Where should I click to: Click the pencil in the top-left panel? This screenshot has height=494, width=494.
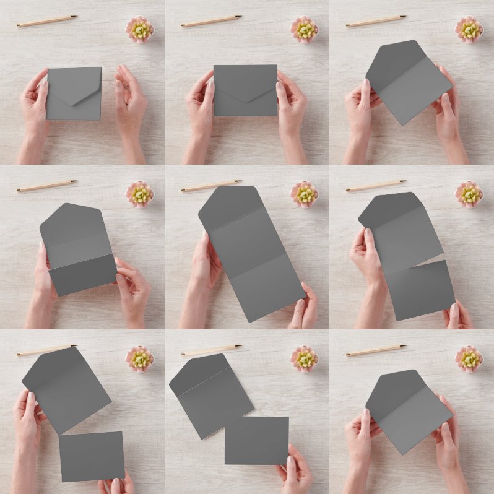point(46,21)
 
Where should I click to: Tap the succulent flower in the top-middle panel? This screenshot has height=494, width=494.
point(304,29)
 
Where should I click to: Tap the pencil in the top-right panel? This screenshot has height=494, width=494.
point(376,21)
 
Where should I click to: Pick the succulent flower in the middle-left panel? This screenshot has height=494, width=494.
point(140,194)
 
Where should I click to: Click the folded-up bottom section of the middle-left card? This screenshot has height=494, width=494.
point(82,275)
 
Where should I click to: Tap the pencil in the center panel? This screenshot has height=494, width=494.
point(211,186)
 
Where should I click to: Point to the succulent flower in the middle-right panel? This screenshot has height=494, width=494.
point(469,194)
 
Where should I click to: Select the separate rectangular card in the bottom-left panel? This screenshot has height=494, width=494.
point(92,456)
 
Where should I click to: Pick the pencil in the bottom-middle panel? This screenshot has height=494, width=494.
point(211,350)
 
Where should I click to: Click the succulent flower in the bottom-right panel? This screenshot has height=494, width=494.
point(469,358)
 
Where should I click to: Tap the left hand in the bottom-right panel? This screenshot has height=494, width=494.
point(362,433)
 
